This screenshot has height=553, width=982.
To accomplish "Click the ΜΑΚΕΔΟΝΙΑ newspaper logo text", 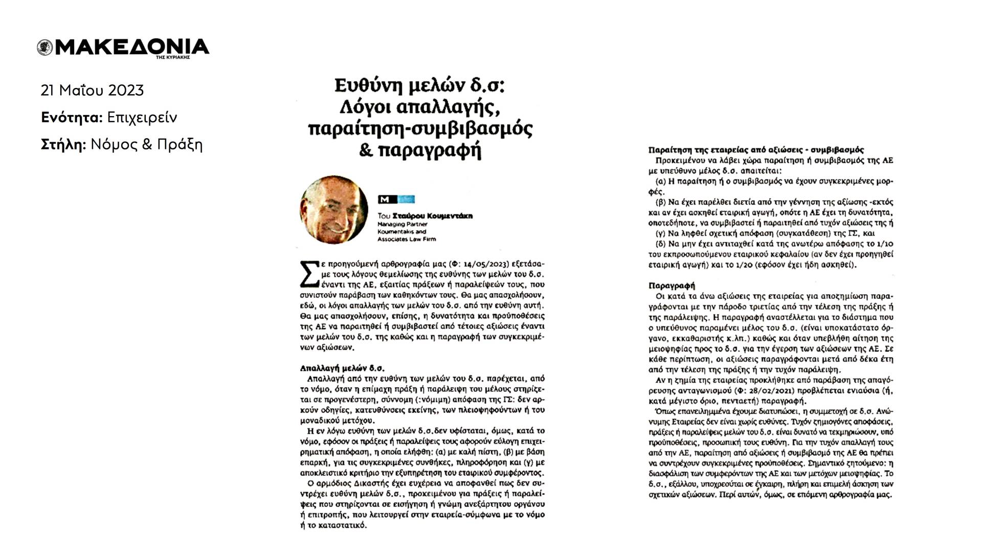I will tap(132, 47).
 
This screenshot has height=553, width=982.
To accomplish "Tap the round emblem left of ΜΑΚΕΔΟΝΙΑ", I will tap(44, 48).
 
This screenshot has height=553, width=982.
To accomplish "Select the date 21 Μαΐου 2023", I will tap(92, 91).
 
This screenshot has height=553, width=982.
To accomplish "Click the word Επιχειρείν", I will tap(142, 118).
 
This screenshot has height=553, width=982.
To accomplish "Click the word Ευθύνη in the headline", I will tap(367, 85).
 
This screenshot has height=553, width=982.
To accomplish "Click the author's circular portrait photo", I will tap(333, 210).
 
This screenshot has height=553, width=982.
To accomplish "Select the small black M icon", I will tap(384, 200).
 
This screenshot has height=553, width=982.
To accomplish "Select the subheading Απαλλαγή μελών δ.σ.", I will tap(342, 368).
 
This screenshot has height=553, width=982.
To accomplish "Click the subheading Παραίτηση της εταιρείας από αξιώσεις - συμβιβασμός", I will tap(756, 150).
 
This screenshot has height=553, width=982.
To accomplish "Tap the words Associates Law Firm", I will tap(407, 239).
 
